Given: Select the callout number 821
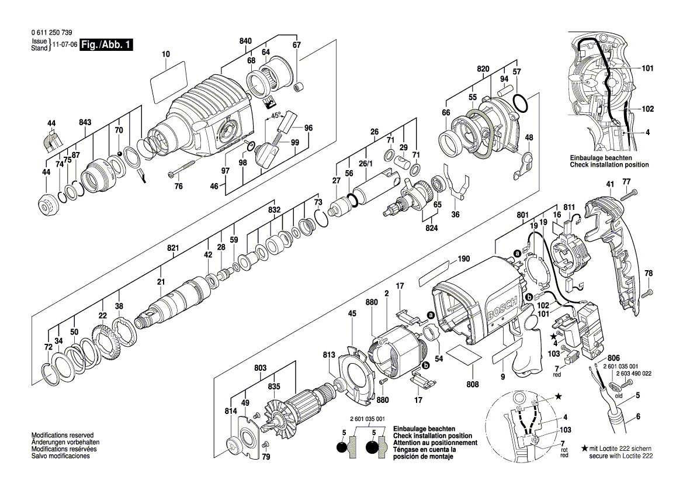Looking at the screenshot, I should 173,249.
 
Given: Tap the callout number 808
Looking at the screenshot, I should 473,384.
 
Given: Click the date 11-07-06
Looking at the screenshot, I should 65,45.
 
